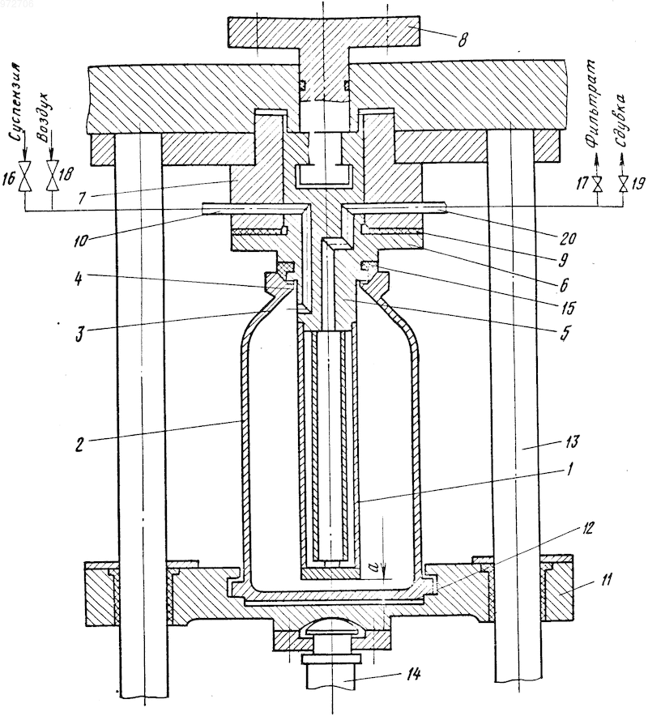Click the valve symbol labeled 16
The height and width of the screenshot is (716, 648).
tap(24, 177)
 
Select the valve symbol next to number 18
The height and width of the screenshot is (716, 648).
tap(52, 177)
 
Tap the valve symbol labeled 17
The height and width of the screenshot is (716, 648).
tap(596, 185)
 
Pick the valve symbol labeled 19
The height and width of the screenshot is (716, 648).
tap(623, 185)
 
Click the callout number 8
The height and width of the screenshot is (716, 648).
tap(463, 40)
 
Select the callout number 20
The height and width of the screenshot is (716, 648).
tap(568, 238)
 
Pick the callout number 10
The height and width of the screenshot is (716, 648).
tap(81, 241)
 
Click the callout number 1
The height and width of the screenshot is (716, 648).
tap(569, 470)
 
